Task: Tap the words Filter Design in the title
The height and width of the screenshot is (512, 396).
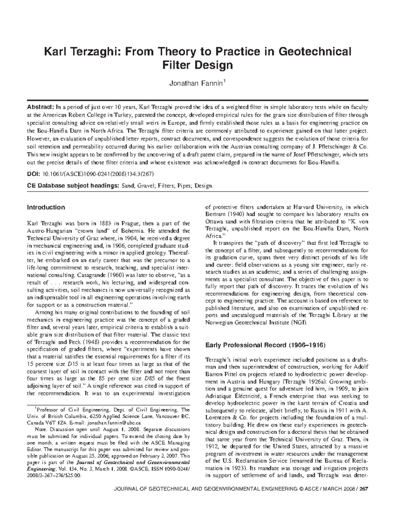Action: coord(198,65)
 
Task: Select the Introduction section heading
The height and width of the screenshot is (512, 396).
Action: coord(46,207)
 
